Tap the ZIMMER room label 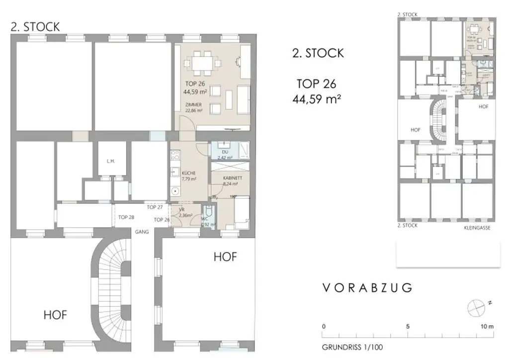[x=193, y=104]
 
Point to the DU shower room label [x=225, y=152]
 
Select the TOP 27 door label [x=155, y=207]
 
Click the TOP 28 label [x=126, y=217]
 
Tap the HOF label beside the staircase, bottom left [x=55, y=315]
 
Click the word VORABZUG [x=367, y=288]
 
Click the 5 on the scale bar [x=408, y=327]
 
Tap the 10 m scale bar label [x=487, y=327]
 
